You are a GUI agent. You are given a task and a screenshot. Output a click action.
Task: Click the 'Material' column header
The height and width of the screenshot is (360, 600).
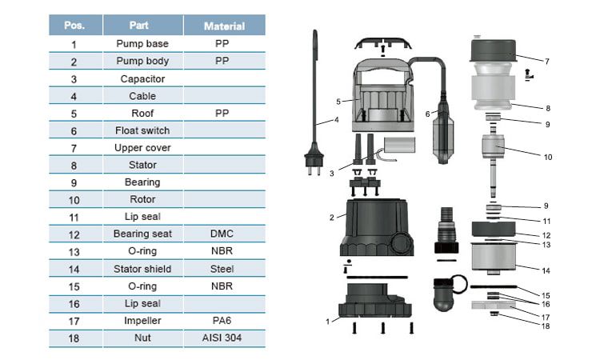[x=224, y=26]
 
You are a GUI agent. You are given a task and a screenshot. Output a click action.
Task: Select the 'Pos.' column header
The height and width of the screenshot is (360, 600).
[x=74, y=26]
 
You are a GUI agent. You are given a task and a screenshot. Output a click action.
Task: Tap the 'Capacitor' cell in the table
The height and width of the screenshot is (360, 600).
[x=142, y=78]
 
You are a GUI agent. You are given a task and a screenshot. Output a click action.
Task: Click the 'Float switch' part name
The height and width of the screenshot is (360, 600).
[x=142, y=130]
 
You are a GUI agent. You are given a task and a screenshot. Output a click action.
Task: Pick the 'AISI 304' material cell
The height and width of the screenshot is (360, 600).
[x=222, y=338]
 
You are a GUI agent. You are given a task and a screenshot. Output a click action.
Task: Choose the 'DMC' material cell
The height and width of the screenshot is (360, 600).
[x=222, y=234]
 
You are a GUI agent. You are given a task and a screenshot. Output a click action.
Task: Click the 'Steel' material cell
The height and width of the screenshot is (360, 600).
[x=222, y=268]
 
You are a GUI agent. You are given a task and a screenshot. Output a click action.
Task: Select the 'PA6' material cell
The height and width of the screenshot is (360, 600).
[x=222, y=320]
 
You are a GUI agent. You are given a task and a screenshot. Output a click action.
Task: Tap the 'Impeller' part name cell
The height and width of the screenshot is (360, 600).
[x=142, y=320]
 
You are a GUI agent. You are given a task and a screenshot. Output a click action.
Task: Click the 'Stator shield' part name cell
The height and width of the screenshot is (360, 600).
[x=142, y=268]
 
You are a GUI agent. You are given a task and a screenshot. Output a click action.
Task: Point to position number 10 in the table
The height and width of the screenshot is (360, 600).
[x=74, y=199]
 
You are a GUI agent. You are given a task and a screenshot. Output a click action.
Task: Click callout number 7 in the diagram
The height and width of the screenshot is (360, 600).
[x=546, y=61]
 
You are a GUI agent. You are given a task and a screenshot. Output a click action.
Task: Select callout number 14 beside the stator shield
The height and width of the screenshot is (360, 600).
[x=546, y=270]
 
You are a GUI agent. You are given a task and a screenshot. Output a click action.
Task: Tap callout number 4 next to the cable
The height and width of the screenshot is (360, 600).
[x=337, y=121]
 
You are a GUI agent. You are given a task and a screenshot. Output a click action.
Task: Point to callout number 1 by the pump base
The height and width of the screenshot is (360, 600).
[x=327, y=321]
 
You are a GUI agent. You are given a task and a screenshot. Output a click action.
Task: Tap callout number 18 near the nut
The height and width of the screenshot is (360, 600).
[x=546, y=326]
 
